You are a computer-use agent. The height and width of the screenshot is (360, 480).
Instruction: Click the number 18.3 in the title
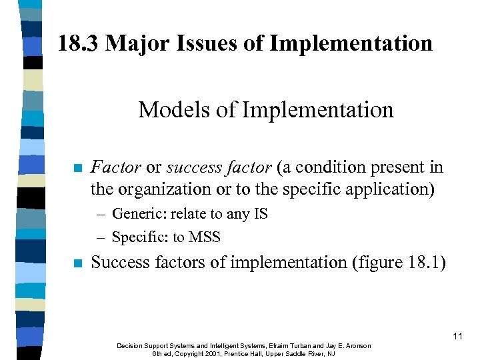(78, 44)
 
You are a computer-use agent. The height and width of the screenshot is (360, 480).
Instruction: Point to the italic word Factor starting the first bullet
(116, 167)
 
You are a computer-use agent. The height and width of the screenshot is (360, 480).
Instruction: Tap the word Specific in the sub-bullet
(136, 237)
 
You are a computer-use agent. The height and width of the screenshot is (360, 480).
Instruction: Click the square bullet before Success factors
(78, 263)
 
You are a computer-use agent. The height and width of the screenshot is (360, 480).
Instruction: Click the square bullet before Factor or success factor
(78, 168)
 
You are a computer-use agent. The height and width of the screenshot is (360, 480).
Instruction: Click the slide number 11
(457, 337)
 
